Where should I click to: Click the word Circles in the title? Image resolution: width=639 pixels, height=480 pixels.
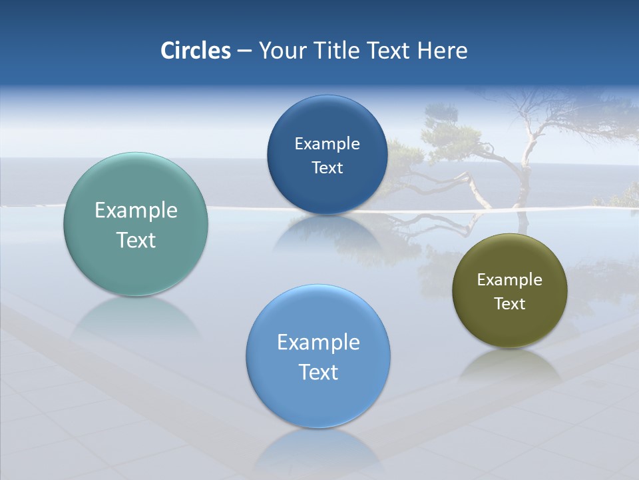195,51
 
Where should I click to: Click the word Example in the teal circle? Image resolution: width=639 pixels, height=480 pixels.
136,211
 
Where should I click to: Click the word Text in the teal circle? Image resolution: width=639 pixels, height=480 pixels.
136,240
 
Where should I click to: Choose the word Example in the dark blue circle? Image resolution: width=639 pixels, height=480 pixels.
327,144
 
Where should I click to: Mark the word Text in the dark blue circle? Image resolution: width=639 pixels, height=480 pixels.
327,168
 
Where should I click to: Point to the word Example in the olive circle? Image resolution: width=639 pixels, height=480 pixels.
510,280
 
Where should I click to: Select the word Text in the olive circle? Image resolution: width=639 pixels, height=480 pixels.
510,304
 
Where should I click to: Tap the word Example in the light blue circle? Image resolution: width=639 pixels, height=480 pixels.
318,343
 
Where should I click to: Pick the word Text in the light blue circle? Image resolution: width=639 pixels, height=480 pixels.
318,372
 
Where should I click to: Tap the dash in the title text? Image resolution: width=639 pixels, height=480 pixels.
244,51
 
